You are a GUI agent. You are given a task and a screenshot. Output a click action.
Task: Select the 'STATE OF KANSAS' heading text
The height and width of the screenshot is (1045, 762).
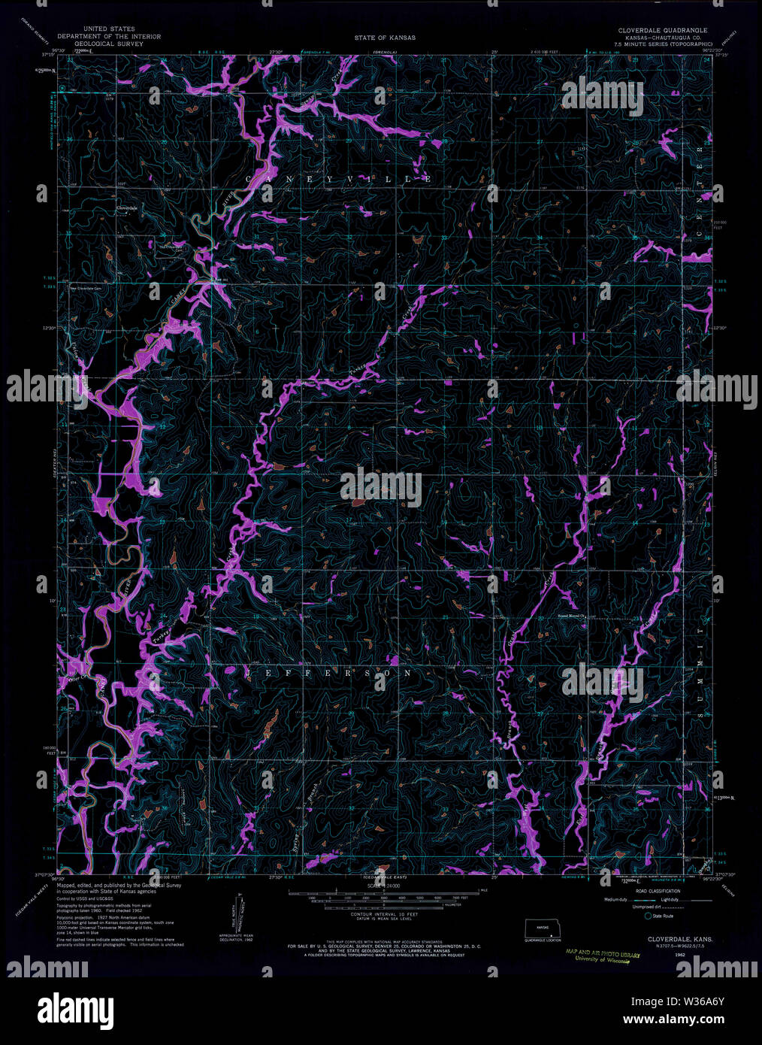pos(386,37)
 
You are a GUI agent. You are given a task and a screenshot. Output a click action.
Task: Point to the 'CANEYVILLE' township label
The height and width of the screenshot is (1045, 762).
pos(337,179)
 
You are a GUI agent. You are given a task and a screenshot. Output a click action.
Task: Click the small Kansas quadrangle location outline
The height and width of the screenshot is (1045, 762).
pos(543,928)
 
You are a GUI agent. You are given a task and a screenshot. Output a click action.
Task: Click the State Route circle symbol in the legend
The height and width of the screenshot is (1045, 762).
pos(647,915)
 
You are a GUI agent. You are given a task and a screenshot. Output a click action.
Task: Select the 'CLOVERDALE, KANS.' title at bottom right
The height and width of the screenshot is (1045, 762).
pos(673,939)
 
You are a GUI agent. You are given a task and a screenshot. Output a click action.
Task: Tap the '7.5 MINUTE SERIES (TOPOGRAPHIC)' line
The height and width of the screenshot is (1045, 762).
pos(662,44)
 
